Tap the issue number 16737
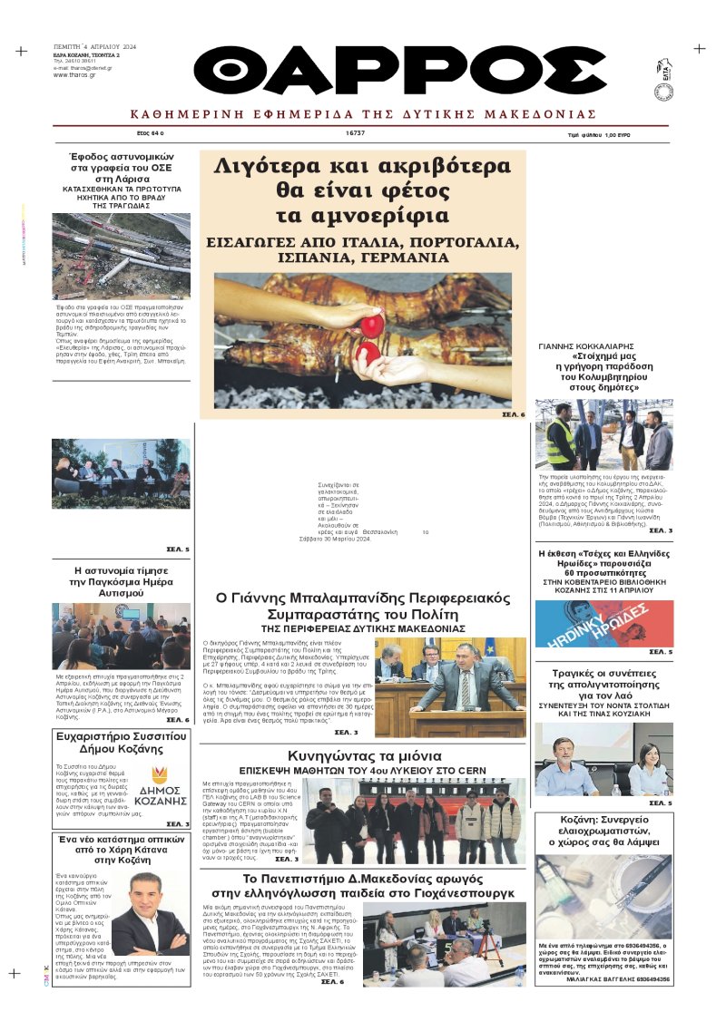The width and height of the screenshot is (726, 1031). pos(355,132)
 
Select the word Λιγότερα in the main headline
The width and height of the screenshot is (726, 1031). pos(264,167)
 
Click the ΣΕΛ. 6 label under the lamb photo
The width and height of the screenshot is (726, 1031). pos(513,414)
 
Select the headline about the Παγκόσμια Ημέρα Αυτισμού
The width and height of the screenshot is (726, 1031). pos(122,581)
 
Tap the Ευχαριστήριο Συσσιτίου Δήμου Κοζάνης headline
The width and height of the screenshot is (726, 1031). pos(122,749)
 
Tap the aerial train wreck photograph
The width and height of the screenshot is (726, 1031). pos(121,256)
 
